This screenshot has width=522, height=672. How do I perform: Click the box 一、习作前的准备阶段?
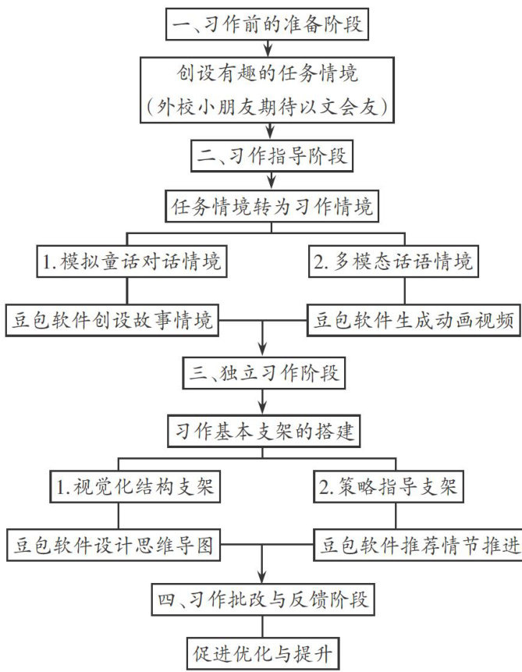[267, 24]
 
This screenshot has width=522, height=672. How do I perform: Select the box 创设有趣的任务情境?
[267, 90]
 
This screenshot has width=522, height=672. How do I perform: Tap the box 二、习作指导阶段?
[272, 155]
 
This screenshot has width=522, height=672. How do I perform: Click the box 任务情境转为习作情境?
[272, 206]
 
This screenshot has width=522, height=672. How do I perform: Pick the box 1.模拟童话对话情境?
[132, 261]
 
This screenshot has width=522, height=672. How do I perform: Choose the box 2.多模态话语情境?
[393, 261]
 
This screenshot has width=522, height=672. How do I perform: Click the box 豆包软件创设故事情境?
[112, 320]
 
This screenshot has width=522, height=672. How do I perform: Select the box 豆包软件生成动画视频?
[414, 320]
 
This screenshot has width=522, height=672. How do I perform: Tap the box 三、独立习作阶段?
[264, 373]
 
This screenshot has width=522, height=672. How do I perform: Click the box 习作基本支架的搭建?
[264, 431]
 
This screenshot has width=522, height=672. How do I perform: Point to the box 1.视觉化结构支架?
[136, 486]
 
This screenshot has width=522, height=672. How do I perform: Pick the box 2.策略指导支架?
[389, 486]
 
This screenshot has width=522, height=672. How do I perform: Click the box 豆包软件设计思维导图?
[114, 545]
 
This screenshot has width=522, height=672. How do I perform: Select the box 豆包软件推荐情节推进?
[418, 545]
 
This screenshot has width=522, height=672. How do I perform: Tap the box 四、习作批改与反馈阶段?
[263, 599]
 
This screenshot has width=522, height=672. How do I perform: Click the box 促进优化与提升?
[263, 653]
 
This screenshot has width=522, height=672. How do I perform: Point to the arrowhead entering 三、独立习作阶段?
[263, 350]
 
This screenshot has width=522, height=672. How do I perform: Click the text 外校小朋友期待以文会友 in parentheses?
[267, 106]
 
